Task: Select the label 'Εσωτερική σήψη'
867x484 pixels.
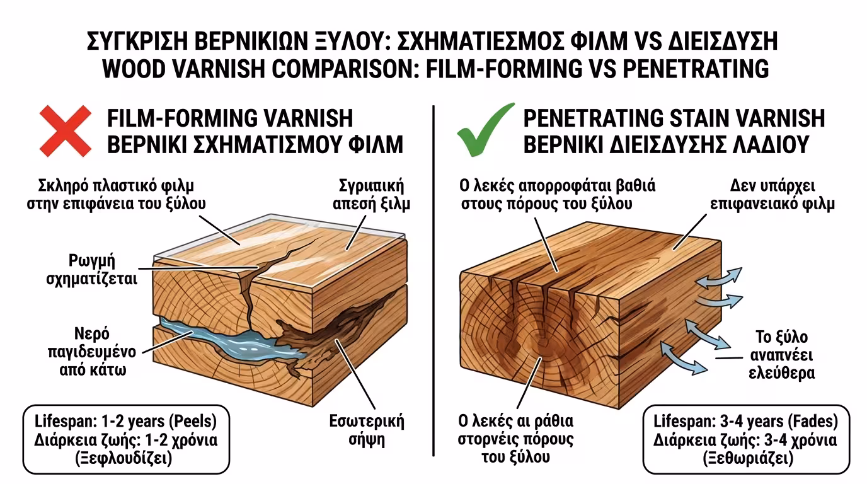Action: pos(366,430)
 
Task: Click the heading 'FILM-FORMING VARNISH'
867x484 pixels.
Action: pos(230,118)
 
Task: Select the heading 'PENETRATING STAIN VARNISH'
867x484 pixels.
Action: pos(674,118)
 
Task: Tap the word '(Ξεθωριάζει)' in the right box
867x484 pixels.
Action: pos(745,458)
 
